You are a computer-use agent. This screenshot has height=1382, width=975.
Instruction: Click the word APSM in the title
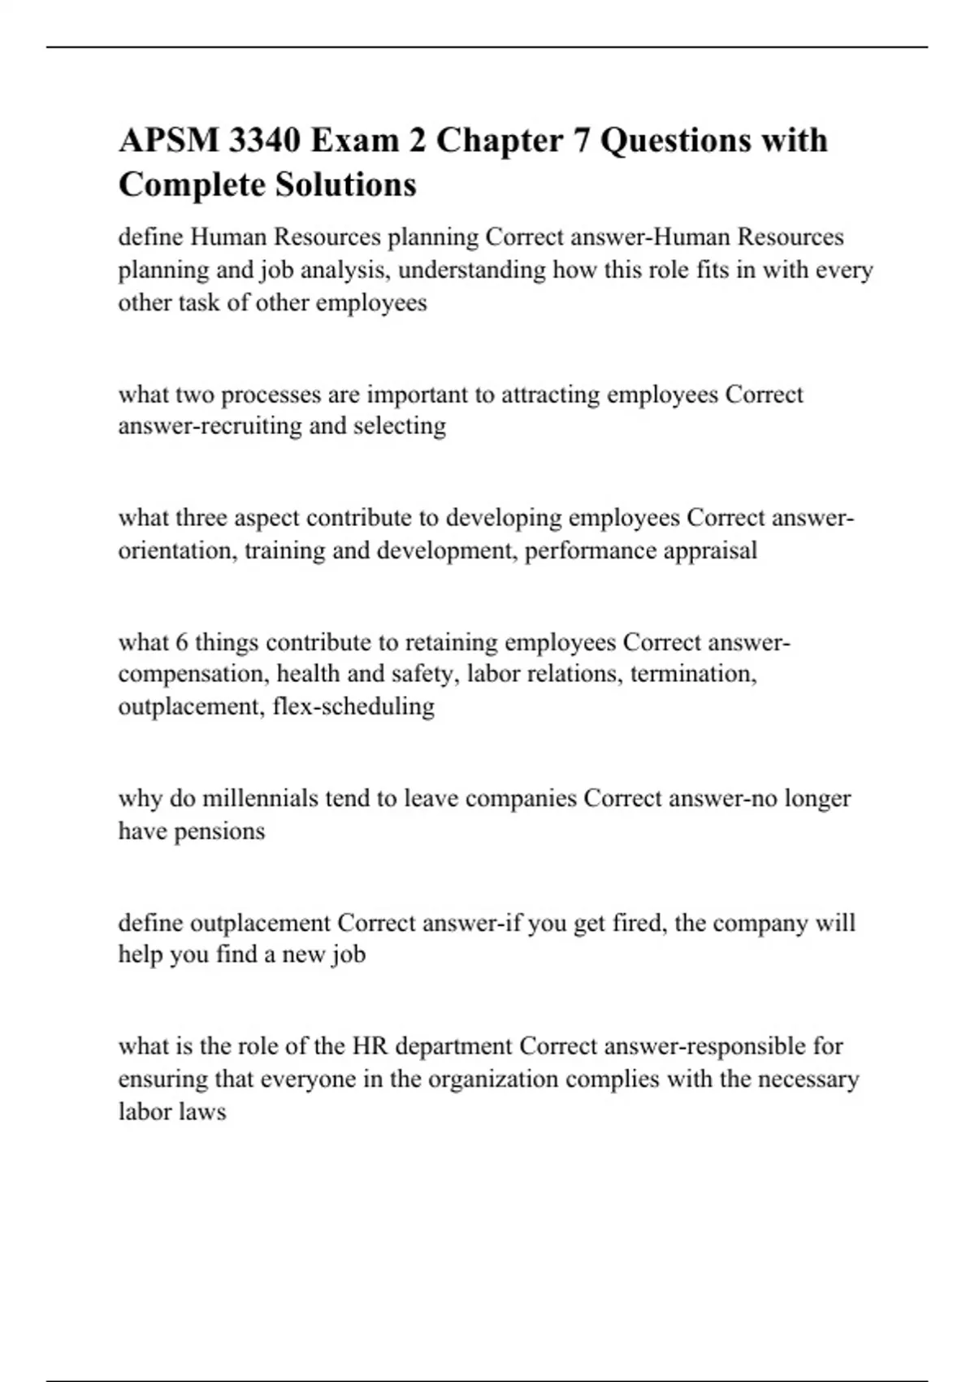[169, 141]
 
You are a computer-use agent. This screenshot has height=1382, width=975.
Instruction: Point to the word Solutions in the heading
[344, 184]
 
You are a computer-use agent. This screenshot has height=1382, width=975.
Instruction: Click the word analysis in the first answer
[354, 270]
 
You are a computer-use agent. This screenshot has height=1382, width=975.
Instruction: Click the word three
[201, 518]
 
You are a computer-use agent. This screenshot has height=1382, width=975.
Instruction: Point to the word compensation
[193, 675]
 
